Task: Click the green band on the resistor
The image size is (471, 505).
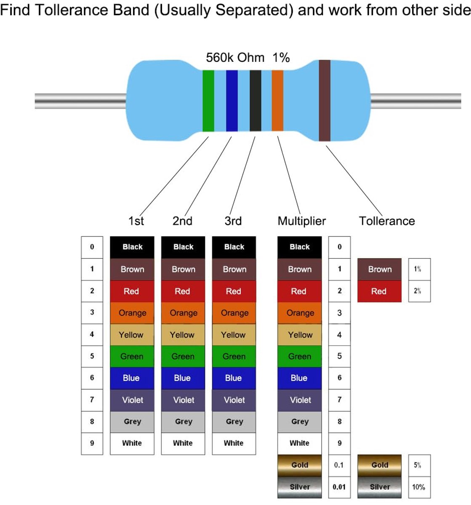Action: tap(208, 101)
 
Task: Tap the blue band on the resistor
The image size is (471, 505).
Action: tap(232, 101)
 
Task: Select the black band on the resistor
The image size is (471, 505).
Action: tap(255, 101)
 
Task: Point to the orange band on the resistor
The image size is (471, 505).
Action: tap(277, 101)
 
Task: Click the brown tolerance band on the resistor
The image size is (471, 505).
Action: tap(325, 101)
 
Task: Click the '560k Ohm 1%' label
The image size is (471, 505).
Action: tap(247, 58)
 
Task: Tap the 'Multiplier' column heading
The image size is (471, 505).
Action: tap(301, 221)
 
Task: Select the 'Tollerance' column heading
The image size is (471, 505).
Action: tap(386, 221)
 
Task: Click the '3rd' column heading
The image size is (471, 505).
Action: tap(233, 221)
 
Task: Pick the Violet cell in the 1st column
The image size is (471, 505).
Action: tap(132, 400)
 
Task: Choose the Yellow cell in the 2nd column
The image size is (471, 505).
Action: tap(183, 335)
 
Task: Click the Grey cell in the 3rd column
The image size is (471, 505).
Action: tap(234, 422)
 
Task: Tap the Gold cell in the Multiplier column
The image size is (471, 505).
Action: tap(300, 465)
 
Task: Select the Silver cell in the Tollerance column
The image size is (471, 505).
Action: tap(379, 487)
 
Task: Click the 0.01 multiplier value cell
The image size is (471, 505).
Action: tap(339, 487)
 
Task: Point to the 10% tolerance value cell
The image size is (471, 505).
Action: tap(419, 487)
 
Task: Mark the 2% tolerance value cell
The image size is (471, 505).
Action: tap(419, 291)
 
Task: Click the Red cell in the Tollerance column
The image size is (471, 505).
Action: tap(379, 291)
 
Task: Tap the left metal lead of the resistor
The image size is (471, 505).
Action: tap(80, 101)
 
